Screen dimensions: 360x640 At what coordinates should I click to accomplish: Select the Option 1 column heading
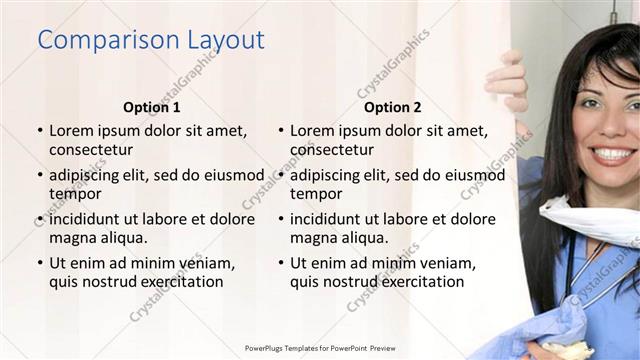pos(152,107)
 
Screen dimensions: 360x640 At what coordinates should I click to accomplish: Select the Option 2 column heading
pos(393,107)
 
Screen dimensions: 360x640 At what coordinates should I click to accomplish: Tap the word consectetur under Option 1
pos(91,150)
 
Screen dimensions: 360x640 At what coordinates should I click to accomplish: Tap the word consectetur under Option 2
pos(332,150)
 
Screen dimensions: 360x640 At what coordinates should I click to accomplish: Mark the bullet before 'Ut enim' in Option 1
pos(39,263)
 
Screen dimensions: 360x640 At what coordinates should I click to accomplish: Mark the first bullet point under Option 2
pos(280,131)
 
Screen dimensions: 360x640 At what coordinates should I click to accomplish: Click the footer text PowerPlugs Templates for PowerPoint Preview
pos(319,347)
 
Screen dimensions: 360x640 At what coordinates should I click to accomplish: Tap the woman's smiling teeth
pos(611,153)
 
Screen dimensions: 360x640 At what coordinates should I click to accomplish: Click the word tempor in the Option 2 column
pos(316,194)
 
